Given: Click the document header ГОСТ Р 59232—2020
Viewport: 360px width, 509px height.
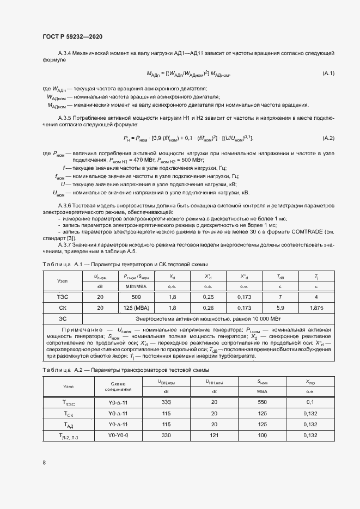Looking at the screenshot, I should pyautogui.click(x=72, y=36).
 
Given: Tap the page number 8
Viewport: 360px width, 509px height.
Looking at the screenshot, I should pyautogui.click(x=44, y=463).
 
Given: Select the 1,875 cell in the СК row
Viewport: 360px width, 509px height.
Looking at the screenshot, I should pyautogui.click(x=316, y=307).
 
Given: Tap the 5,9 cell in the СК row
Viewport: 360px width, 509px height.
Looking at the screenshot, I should pyautogui.click(x=280, y=307).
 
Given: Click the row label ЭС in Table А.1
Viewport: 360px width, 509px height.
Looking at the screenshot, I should pyautogui.click(x=63, y=318).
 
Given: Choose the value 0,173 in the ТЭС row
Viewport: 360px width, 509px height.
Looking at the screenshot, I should pyautogui.click(x=244, y=297).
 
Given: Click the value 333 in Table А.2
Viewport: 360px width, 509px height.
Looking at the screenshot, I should pyautogui.click(x=166, y=402).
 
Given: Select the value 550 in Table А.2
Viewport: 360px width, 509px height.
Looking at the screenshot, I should pyautogui.click(x=262, y=402).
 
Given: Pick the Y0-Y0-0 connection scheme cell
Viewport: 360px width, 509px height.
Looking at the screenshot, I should pyautogui.click(x=118, y=435).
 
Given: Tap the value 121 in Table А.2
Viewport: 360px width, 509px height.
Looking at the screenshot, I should pyautogui.click(x=214, y=435).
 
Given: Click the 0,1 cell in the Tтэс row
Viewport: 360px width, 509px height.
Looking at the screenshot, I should pyautogui.click(x=310, y=402).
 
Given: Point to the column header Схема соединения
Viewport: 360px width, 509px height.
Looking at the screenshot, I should pyautogui.click(x=118, y=386).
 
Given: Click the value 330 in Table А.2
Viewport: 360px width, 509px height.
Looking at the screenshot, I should pyautogui.click(x=166, y=435).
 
